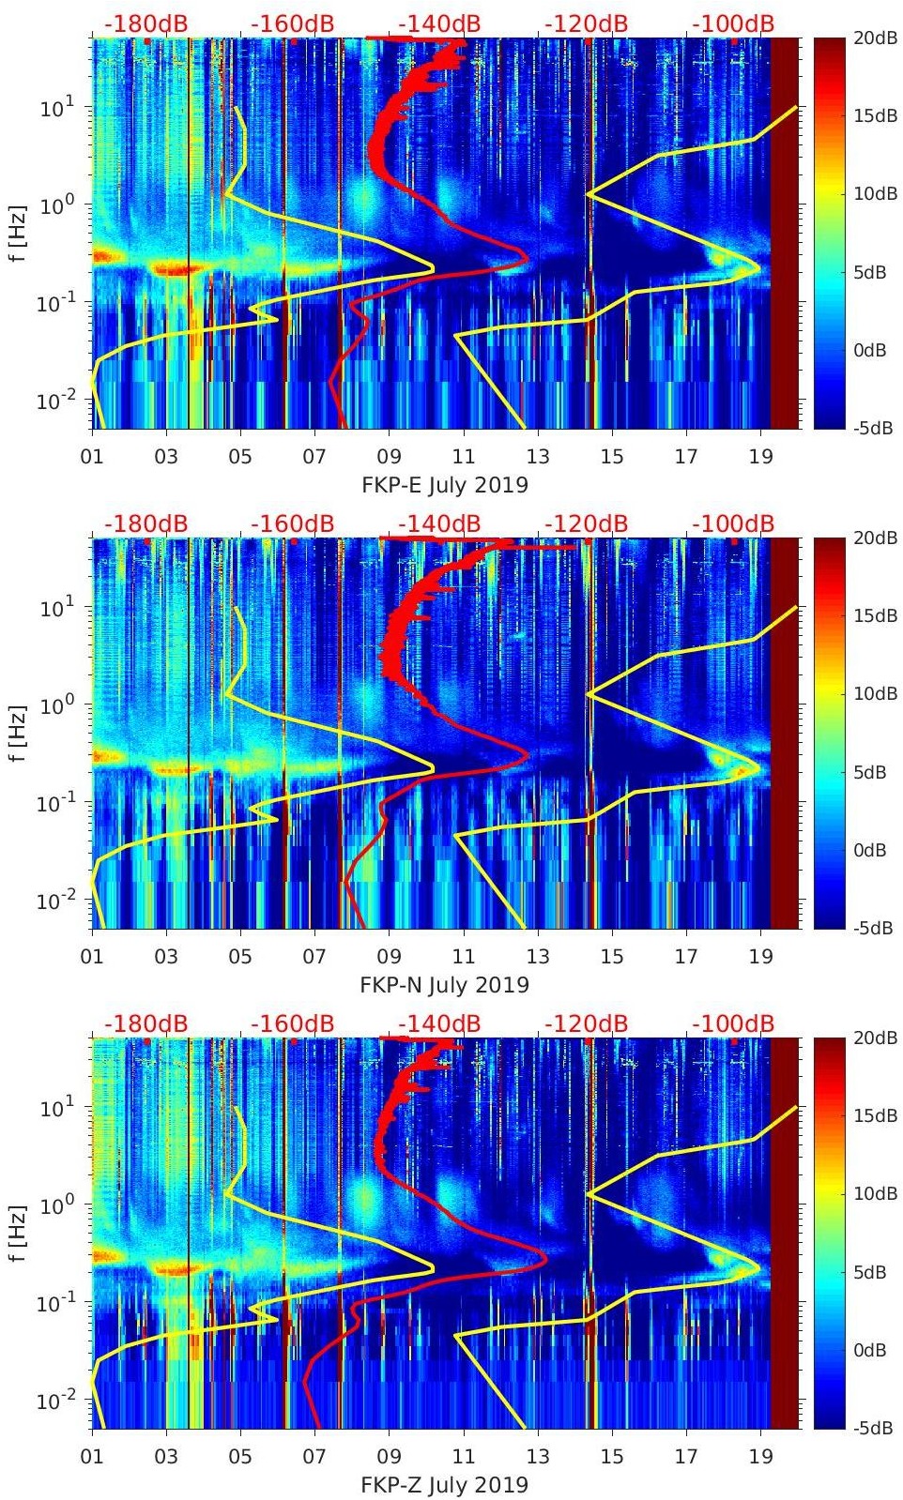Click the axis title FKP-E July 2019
click(445, 485)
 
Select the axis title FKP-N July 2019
click(445, 985)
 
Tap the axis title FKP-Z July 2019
click(445, 1485)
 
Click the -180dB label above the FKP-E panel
click(145, 23)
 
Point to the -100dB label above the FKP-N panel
click(733, 523)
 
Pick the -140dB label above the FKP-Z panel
click(439, 1023)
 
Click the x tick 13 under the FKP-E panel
click(538, 457)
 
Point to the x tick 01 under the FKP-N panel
click(92, 957)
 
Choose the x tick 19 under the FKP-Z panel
click(761, 1457)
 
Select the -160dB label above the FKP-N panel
click(293, 523)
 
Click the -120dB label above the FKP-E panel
click(587, 23)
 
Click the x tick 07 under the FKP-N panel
click(314, 957)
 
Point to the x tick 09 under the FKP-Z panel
click(389, 1457)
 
